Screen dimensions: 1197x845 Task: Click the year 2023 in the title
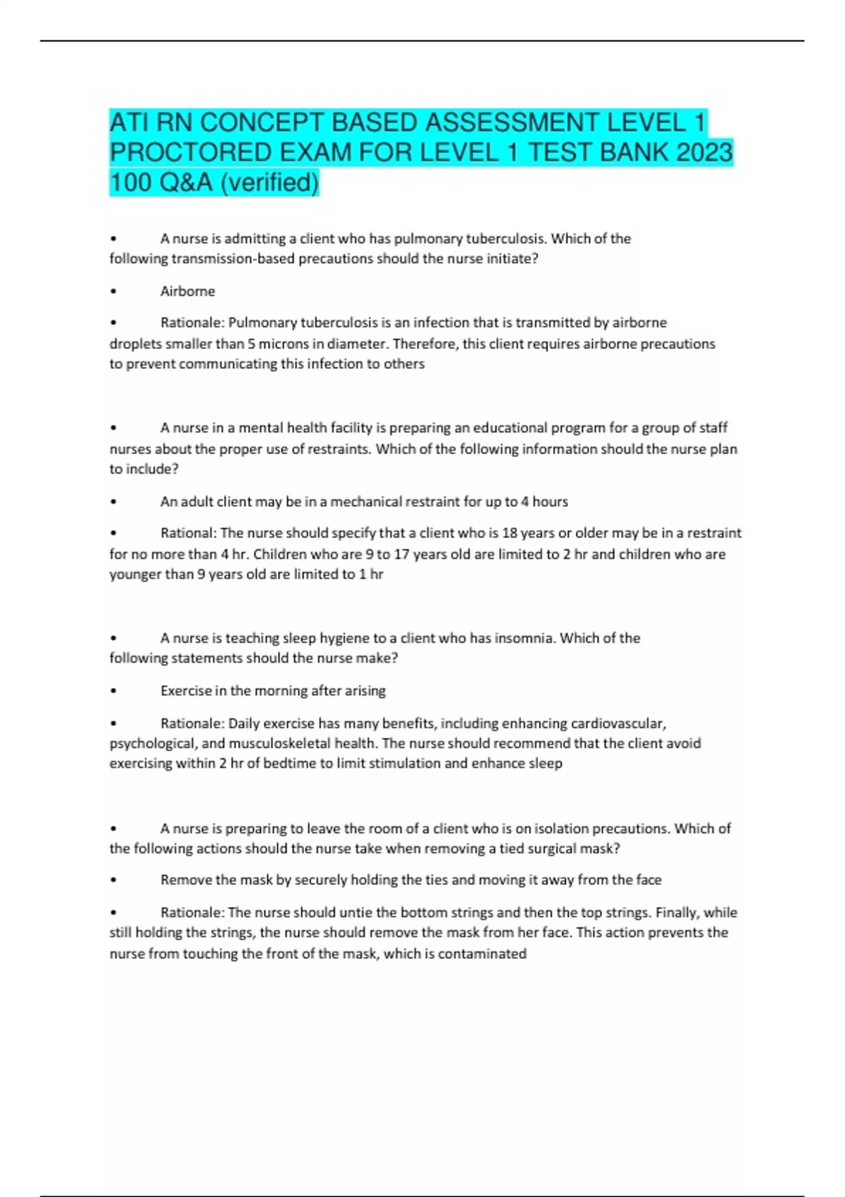pos(703,152)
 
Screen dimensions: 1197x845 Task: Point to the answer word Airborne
pos(187,291)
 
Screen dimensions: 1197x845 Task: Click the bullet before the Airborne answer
pos(113,292)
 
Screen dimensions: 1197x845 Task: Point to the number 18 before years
pos(509,533)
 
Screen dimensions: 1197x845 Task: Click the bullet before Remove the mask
pos(113,880)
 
